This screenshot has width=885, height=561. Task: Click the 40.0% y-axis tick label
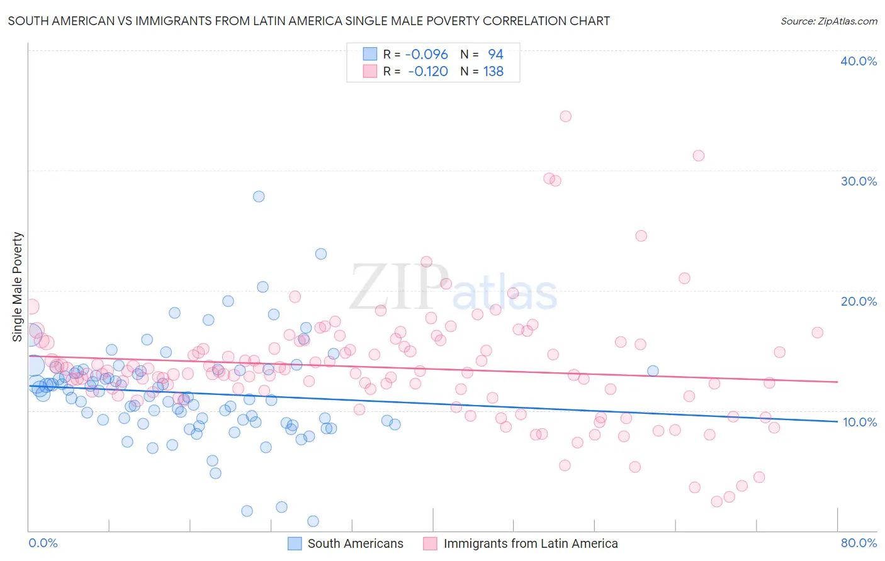tap(859, 61)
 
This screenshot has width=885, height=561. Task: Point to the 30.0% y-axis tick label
tap(859, 181)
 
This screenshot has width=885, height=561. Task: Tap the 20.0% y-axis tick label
tap(859, 301)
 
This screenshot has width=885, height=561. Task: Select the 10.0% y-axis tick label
tap(860, 422)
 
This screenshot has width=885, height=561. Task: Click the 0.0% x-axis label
tap(43, 543)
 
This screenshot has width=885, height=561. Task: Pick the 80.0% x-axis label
tap(859, 543)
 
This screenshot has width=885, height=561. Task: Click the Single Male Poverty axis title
tap(18, 287)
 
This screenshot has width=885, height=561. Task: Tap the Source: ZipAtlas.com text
tap(828, 21)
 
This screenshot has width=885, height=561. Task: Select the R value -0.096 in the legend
tap(426, 54)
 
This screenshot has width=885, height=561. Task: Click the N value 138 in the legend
tap(493, 72)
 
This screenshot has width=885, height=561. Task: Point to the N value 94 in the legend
tap(495, 54)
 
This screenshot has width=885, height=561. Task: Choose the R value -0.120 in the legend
tap(427, 72)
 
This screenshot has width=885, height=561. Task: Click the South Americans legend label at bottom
tap(355, 543)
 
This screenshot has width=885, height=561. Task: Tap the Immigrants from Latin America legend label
tap(530, 543)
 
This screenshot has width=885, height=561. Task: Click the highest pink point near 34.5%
tap(565, 116)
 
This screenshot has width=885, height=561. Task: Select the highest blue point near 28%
tap(259, 196)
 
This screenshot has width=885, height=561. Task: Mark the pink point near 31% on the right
tap(698, 155)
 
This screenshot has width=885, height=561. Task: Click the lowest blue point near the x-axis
tap(313, 521)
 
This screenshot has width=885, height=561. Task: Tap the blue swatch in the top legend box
tap(369, 54)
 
